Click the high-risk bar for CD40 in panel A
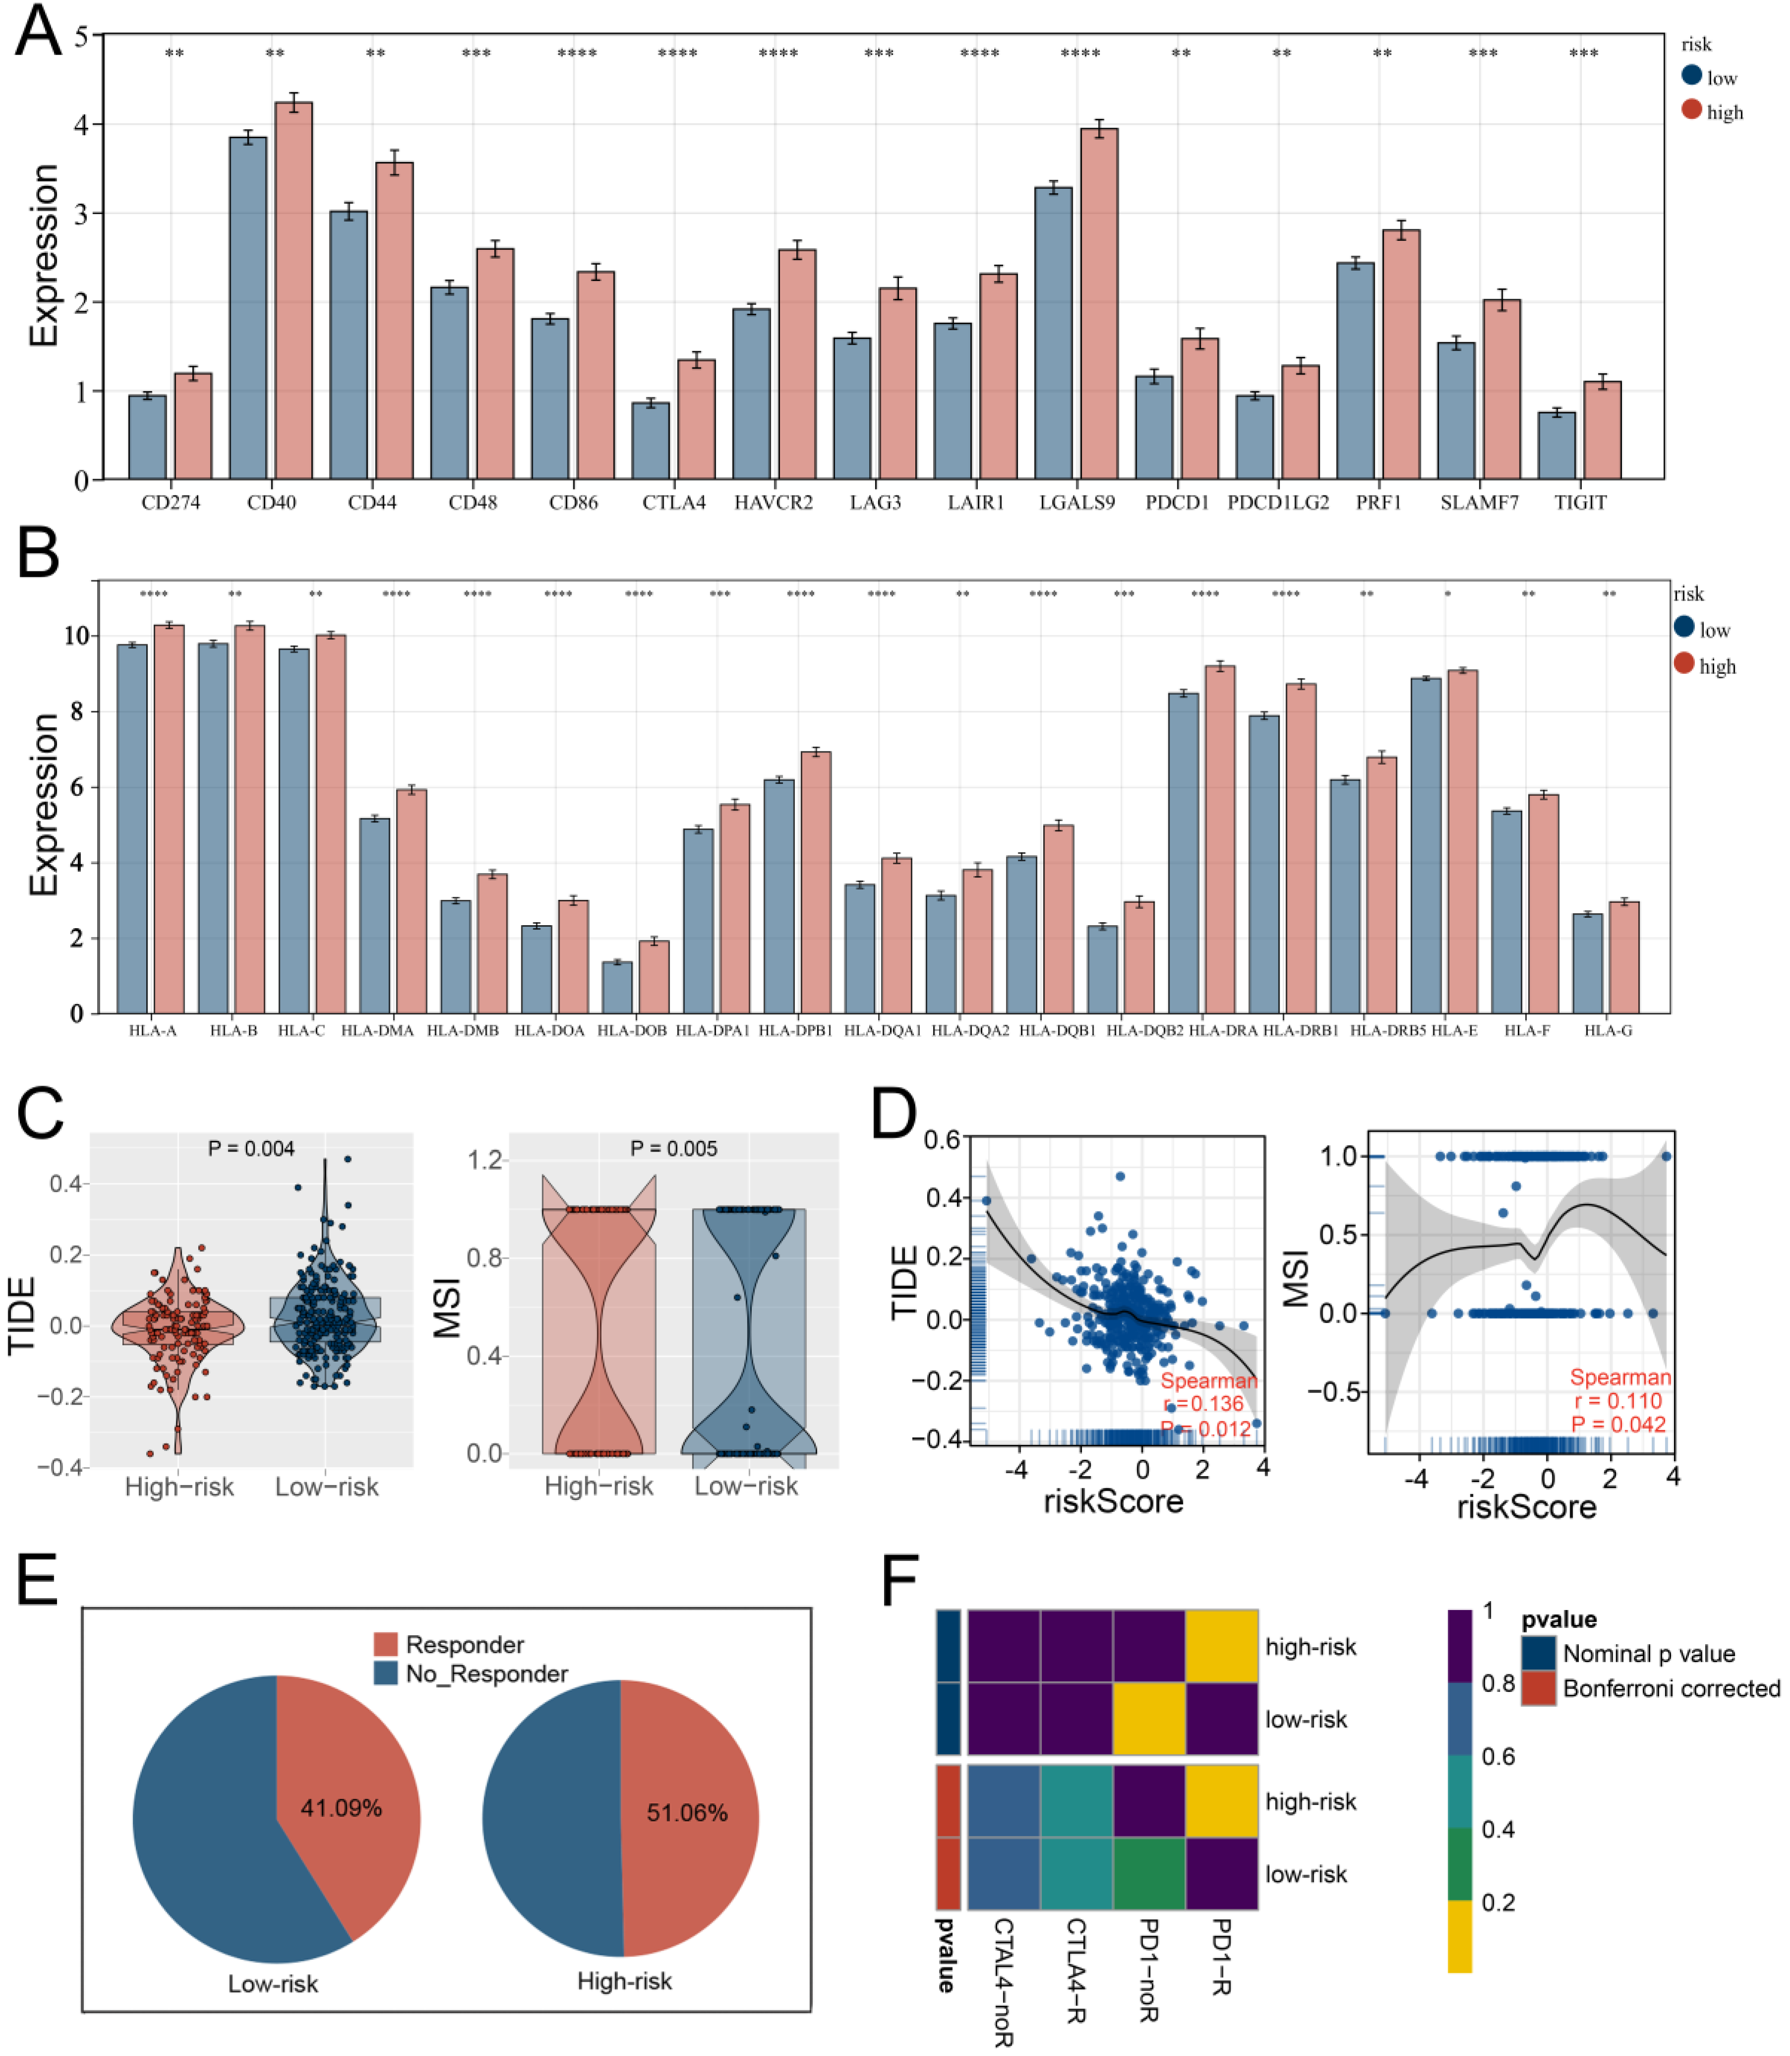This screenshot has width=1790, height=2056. tap(294, 290)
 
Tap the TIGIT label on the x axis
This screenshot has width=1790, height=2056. tap(1580, 502)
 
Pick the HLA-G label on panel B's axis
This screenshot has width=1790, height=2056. tap(1608, 1030)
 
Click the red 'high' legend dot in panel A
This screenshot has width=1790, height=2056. tap(1691, 110)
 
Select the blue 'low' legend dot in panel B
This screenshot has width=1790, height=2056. tap(1684, 627)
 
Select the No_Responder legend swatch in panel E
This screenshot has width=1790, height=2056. tap(386, 1673)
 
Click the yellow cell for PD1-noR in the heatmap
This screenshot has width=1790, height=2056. tap(1149, 1720)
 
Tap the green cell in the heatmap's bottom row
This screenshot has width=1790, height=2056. tap(1149, 1874)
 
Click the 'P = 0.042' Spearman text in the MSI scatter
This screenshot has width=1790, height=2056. tap(1618, 1425)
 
